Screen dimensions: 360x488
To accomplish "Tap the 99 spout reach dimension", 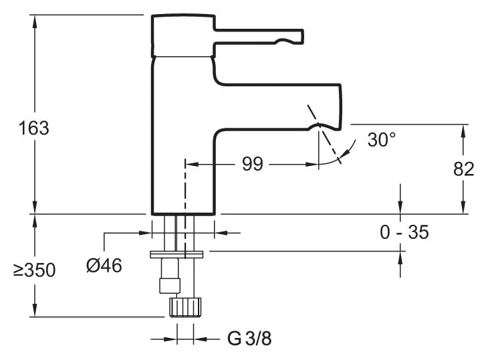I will coord(252,164).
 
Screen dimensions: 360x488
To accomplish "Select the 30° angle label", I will coord(382,140).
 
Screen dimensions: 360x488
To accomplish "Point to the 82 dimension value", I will coord(463,169).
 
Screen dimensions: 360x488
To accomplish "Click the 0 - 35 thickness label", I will coord(404,232).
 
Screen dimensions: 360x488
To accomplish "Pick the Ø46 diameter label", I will coord(104,266).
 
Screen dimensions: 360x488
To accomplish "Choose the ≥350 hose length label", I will coord(34,270).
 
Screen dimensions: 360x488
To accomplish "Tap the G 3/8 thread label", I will coord(249,338).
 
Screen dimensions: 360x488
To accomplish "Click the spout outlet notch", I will coord(320,126).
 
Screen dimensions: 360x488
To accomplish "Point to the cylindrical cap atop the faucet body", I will coord(182,35).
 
